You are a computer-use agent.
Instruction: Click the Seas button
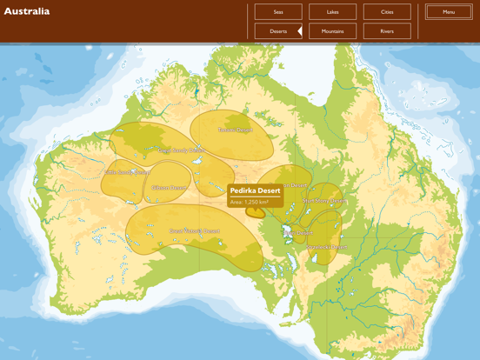278,12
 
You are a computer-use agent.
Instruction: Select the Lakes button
332,12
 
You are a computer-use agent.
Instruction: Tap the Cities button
387,12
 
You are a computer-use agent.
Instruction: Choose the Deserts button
278,31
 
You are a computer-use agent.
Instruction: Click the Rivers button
387,31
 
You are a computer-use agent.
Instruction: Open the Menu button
449,12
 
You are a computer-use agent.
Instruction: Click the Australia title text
27,11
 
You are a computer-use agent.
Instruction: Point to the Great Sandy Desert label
157,150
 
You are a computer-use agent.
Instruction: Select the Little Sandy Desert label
129,172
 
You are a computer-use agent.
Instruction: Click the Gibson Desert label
169,187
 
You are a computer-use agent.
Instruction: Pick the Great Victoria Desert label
194,231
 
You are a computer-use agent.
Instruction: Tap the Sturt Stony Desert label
324,201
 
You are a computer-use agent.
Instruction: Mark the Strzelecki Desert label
326,247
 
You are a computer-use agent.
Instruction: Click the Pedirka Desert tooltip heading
255,191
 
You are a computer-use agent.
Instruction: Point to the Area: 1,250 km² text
250,202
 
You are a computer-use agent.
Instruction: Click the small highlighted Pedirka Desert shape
256,211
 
